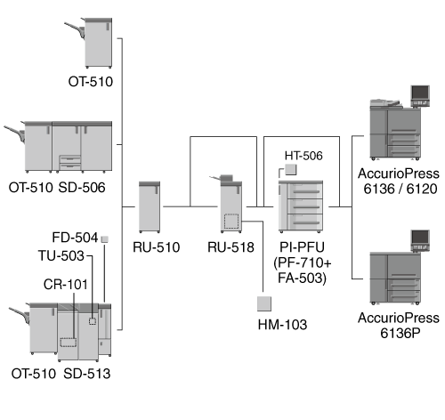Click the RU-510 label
tap(157, 247)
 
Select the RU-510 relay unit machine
tap(150, 207)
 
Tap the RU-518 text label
tap(231, 247)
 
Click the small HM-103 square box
tap(264, 303)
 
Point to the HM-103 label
tap(282, 325)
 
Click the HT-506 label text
tap(303, 156)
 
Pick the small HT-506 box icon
tap(291, 169)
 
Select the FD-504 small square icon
tap(105, 239)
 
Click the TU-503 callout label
tap(61, 255)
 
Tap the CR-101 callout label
tap(66, 285)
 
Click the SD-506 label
tap(82, 188)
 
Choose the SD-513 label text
tap(87, 374)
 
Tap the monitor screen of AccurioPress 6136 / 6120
tap(420, 93)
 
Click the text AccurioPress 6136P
tap(399, 326)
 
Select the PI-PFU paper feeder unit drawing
tap(301, 206)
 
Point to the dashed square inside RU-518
tap(231, 222)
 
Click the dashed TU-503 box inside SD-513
tap(93, 321)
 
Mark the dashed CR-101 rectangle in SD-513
tap(69, 343)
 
